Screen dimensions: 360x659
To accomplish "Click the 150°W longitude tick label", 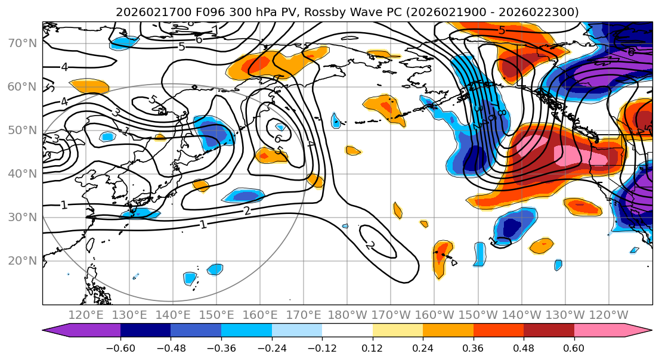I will point(478,315).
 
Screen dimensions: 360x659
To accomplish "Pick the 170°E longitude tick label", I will point(304,315).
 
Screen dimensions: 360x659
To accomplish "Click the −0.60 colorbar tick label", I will point(120,347).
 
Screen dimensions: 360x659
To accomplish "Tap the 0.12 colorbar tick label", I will point(372,347).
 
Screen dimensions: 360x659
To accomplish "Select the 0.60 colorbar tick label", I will point(574,347).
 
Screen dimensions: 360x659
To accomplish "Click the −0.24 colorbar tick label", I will point(271,347).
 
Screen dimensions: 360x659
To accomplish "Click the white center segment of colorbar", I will point(347,331).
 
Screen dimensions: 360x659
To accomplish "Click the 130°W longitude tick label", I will point(565,315).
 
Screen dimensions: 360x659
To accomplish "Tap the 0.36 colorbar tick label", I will point(473,347).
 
